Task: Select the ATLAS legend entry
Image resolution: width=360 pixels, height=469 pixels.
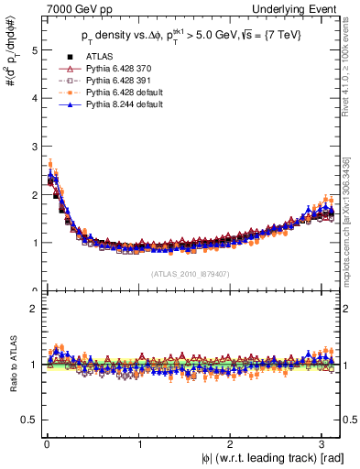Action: point(96,57)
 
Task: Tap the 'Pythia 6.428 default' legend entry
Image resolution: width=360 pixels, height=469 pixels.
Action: point(120,93)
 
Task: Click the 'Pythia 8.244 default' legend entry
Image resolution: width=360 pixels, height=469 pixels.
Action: point(120,104)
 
